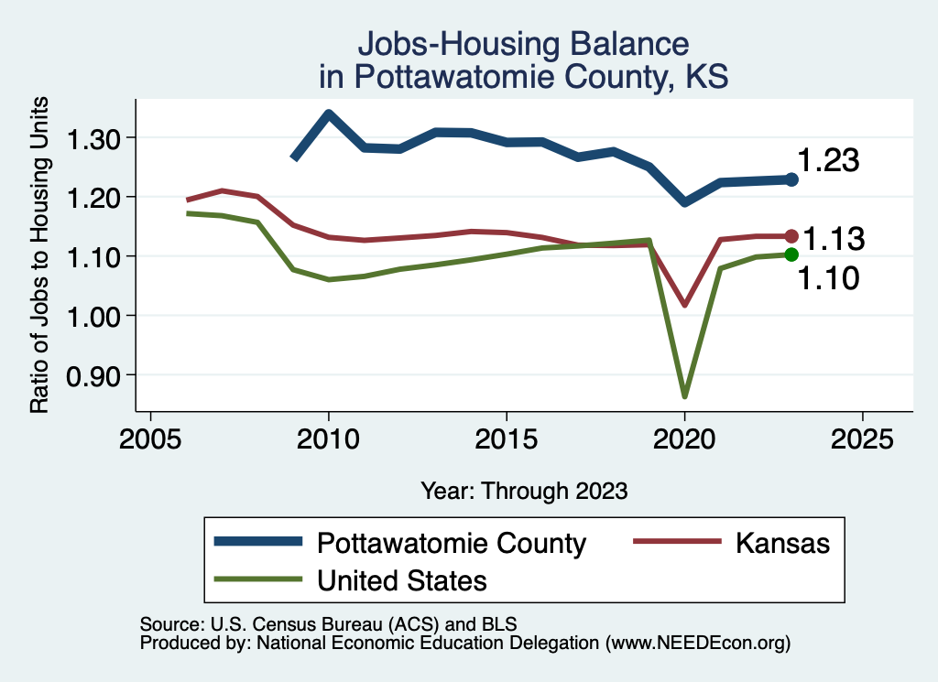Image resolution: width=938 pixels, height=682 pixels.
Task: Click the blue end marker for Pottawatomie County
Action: tap(791, 179)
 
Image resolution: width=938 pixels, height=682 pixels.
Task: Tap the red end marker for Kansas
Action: tap(791, 236)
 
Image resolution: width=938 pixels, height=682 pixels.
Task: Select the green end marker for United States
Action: tap(791, 254)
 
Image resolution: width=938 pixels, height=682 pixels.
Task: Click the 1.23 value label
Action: tap(828, 161)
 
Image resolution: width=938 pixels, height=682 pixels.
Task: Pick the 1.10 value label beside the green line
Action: tap(828, 278)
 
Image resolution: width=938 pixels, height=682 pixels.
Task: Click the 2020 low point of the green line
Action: tap(684, 395)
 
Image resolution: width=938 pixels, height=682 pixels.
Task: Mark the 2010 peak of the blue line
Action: tap(329, 114)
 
